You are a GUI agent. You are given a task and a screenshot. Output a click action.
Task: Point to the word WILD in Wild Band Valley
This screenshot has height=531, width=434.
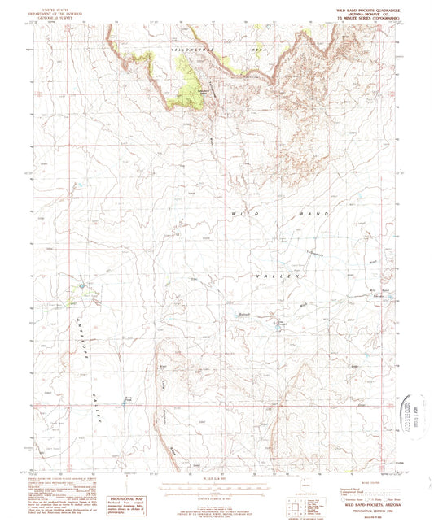(x=245, y=212)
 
